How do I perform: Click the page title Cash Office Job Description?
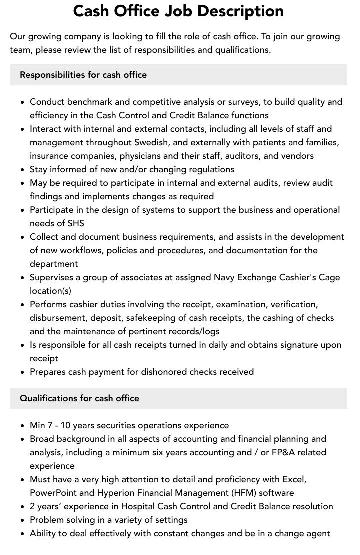pos(178,11)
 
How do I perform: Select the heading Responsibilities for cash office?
pos(83,75)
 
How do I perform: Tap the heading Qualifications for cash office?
pos(79,398)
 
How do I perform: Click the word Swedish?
pos(154,142)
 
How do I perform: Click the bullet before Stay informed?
pos(23,170)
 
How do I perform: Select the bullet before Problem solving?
pos(23,520)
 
